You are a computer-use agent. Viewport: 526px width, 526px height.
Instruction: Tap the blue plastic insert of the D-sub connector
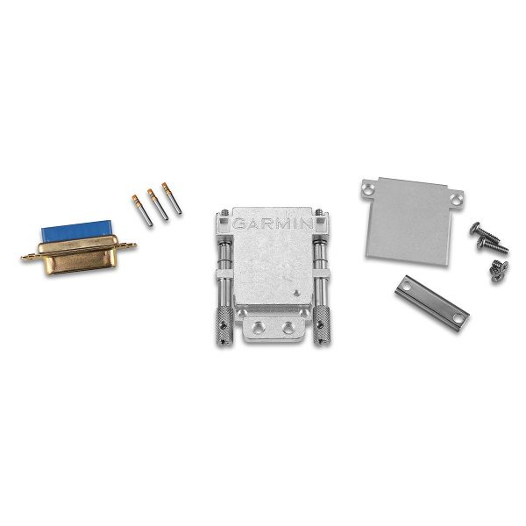click(75, 229)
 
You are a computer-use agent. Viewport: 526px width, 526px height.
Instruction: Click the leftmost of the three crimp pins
click(142, 210)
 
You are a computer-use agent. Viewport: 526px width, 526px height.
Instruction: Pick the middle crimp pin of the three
click(158, 204)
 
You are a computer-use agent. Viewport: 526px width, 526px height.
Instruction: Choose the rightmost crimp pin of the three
click(172, 198)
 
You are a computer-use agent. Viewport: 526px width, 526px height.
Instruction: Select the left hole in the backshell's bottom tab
click(259, 326)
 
